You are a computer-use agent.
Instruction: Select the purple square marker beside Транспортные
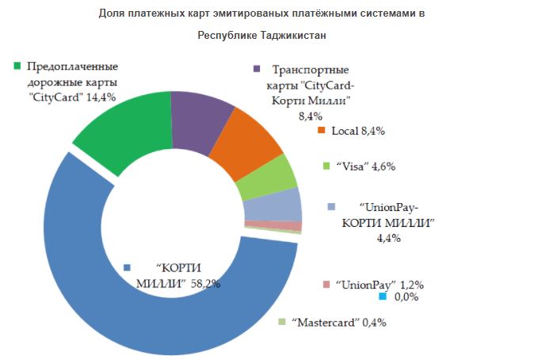pyautogui.click(x=255, y=69)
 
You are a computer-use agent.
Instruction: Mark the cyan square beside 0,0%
pyautogui.click(x=381, y=297)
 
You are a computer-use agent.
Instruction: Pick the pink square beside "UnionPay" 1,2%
pyautogui.click(x=326, y=284)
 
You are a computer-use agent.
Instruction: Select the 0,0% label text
pyautogui.click(x=406, y=297)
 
